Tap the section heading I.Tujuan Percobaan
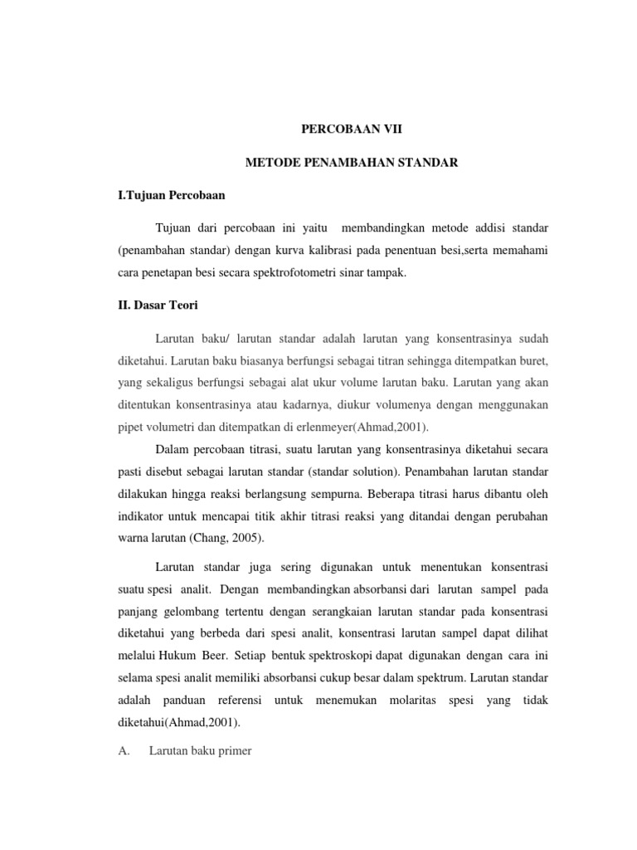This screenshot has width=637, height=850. (x=171, y=196)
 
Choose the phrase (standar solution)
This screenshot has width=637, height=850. (x=351, y=471)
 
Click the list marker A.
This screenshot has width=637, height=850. (x=125, y=751)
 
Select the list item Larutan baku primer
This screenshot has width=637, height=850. (x=201, y=751)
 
